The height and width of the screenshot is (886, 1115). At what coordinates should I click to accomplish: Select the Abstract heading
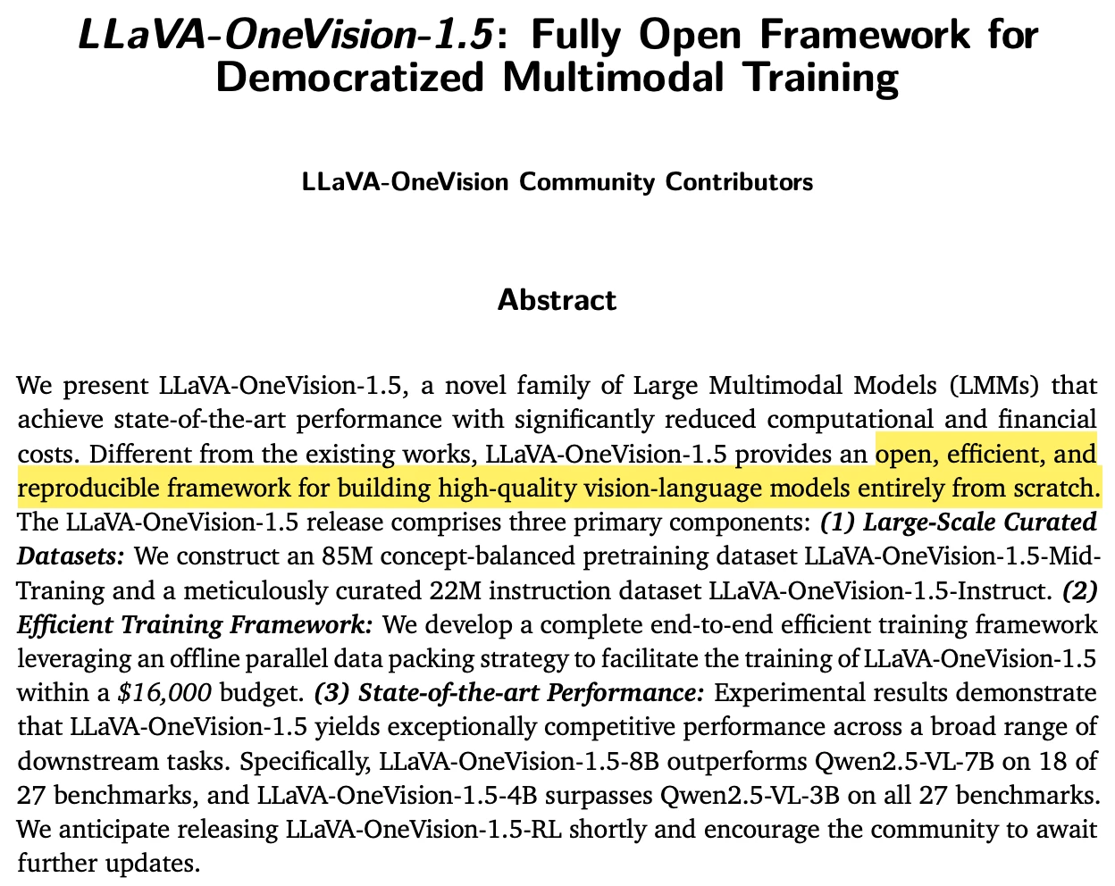[x=557, y=299]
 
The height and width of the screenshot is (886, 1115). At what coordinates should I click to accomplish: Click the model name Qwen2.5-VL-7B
[x=921, y=761]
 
